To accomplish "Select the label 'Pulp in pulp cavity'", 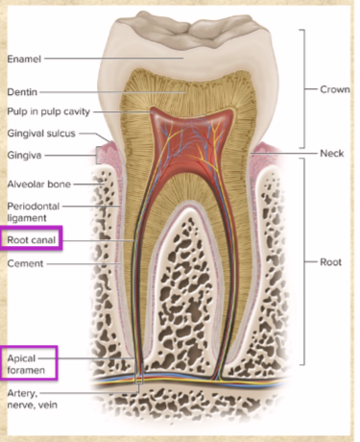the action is click(x=47, y=112).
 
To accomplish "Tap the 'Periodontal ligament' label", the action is click(x=34, y=211).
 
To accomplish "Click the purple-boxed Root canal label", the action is click(x=32, y=238).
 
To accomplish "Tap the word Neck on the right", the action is click(x=331, y=154).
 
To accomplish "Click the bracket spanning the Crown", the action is click(x=304, y=88).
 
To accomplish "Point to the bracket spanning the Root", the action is click(x=304, y=261).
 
